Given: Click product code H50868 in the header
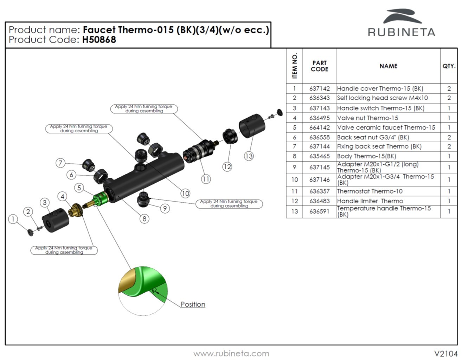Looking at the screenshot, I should pos(99,40).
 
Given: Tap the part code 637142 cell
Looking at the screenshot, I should pos(319,89).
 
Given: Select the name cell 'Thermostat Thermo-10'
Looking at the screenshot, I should pos(370,191).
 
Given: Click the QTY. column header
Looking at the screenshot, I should pos(449,66).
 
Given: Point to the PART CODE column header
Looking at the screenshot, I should pos(319,66).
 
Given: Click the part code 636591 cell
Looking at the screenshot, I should pos(319,211).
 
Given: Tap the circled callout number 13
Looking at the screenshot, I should pos(249,156).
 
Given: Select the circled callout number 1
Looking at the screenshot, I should pos(13,219).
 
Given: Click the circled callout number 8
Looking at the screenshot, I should pos(144,219).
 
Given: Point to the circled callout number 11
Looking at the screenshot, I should pos(206,179).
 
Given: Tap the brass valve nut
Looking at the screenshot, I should pos(75,210).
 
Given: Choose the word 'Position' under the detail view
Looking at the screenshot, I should pos(193,305).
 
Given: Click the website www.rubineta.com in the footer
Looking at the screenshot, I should pos(231,354).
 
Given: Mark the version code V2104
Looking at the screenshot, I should pos(445,354).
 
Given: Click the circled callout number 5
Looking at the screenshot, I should pos(79,188).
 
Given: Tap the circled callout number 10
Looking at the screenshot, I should pos(185,193).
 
